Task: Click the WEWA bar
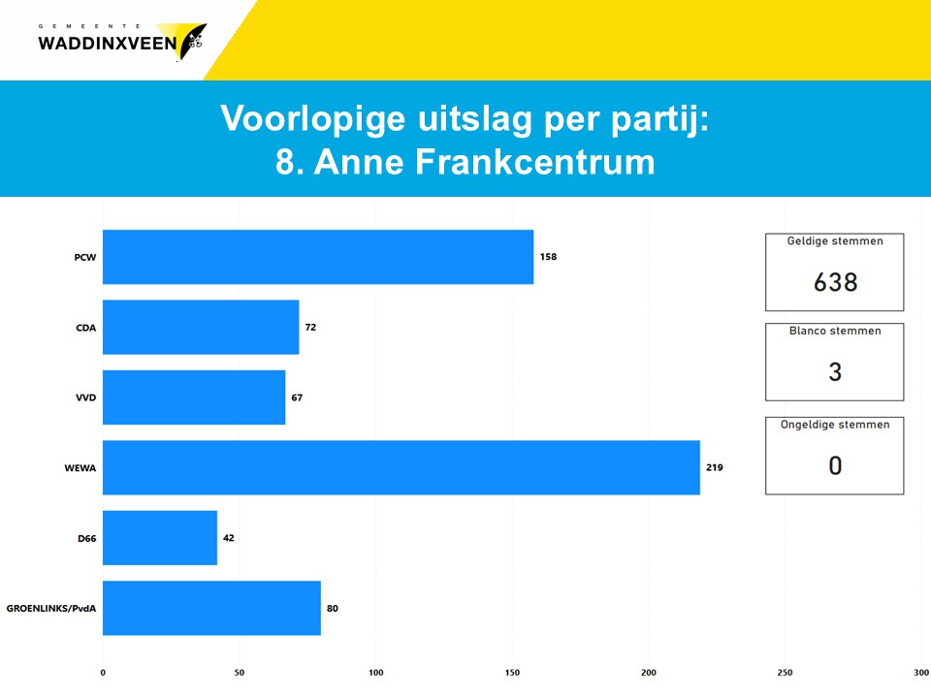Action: pyautogui.click(x=401, y=467)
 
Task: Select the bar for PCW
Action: pyautogui.click(x=318, y=257)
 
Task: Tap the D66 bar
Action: pyautogui.click(x=160, y=538)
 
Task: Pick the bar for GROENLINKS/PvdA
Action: pyautogui.click(x=212, y=608)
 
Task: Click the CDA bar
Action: pyautogui.click(x=201, y=327)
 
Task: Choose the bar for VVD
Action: pyautogui.click(x=194, y=397)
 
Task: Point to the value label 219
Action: pyautogui.click(x=715, y=467)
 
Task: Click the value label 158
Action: pyautogui.click(x=548, y=256)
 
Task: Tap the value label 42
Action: pyautogui.click(x=229, y=538)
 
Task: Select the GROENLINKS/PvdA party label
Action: pyautogui.click(x=51, y=609)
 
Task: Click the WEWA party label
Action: pyautogui.click(x=80, y=467)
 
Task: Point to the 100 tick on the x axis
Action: pyautogui.click(x=376, y=673)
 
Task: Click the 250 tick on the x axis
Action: pyautogui.click(x=785, y=673)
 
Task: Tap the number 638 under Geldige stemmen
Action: pyautogui.click(x=835, y=282)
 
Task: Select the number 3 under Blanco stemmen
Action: pyautogui.click(x=835, y=371)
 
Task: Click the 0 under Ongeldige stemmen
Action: pyautogui.click(x=835, y=465)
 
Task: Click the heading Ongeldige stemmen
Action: pyautogui.click(x=835, y=425)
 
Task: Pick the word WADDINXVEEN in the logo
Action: pyautogui.click(x=108, y=44)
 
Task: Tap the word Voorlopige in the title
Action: pyautogui.click(x=313, y=118)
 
